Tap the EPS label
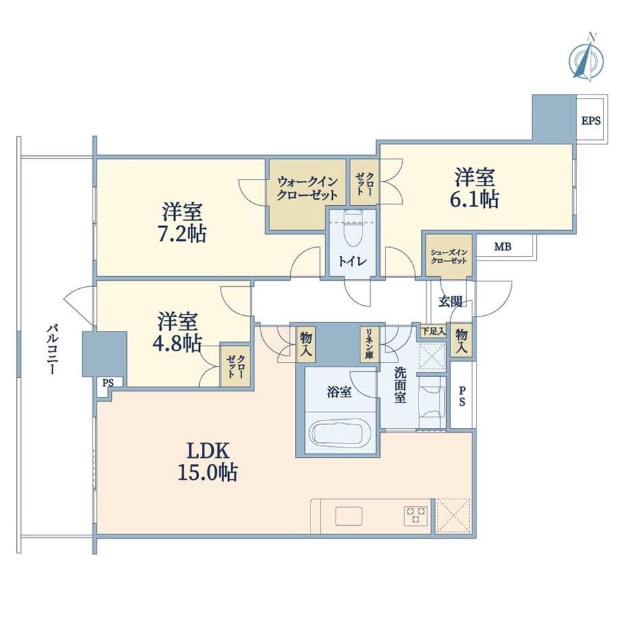(x=591, y=120)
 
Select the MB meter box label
(x=503, y=247)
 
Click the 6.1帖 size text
(x=474, y=200)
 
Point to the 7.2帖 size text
(x=182, y=234)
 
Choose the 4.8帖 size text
(x=177, y=344)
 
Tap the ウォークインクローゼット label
(x=307, y=188)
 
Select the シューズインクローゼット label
(x=449, y=256)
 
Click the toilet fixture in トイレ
(x=353, y=227)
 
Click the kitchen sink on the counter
(x=349, y=516)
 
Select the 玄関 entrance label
(x=450, y=302)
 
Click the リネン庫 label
(x=369, y=344)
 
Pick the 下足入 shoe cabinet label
(x=433, y=331)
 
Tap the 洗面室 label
(x=400, y=385)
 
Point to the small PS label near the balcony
(x=108, y=383)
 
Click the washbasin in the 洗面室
(x=432, y=402)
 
